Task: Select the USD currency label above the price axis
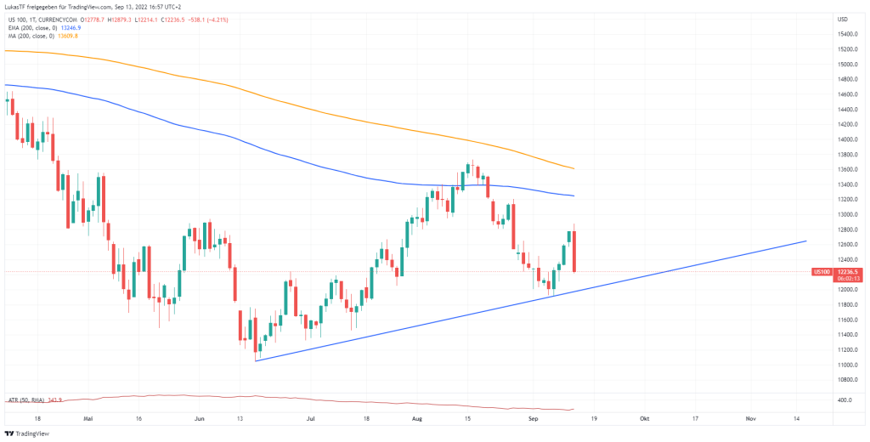coord(843,19)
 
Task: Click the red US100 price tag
coord(822,272)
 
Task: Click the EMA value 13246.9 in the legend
coord(71,27)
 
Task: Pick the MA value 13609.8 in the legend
coord(66,36)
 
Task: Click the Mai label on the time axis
coord(88,418)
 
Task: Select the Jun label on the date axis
coord(200,418)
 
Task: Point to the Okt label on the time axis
coord(645,418)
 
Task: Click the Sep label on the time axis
coord(534,418)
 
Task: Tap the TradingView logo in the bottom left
coord(31,433)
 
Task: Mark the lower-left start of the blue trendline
coord(256,360)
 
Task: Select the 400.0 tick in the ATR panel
coord(844,399)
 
